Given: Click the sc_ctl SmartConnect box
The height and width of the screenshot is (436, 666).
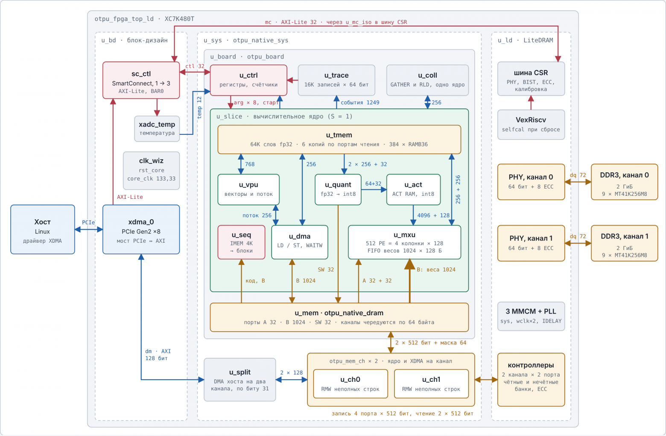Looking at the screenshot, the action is [x=141, y=80].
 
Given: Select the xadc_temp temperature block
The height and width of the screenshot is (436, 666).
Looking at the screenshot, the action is [x=157, y=129].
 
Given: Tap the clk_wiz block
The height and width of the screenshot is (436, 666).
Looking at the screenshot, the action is [x=151, y=171].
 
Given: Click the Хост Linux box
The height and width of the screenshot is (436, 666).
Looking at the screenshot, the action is [x=43, y=230].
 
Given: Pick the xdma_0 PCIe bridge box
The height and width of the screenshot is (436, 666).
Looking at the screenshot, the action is [x=141, y=230].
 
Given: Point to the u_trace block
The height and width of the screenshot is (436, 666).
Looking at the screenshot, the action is [x=336, y=80].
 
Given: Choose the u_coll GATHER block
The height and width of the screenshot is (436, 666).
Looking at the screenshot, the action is [x=427, y=80].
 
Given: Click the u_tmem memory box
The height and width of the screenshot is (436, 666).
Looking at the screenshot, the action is [x=339, y=140].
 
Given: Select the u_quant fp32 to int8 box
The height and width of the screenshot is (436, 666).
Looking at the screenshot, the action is [x=338, y=189].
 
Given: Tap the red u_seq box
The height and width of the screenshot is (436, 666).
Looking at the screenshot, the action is [x=241, y=242].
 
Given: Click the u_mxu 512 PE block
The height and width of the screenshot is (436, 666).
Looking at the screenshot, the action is [x=404, y=242].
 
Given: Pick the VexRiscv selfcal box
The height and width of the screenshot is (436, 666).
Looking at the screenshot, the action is [x=531, y=125].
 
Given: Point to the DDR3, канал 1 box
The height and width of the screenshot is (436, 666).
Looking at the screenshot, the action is [x=624, y=243].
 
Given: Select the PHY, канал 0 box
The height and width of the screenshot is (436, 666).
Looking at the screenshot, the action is [x=531, y=182].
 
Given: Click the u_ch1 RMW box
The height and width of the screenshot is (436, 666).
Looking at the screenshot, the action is [x=431, y=384].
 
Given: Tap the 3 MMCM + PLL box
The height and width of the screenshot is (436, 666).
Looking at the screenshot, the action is [x=531, y=316].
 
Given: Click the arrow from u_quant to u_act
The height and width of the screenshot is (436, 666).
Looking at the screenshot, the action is [x=374, y=189].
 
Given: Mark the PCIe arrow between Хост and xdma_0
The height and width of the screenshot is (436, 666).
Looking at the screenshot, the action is [x=89, y=230].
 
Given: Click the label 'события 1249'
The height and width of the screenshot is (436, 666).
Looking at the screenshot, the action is [x=360, y=102].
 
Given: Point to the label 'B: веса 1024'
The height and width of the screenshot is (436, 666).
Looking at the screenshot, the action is [x=436, y=270].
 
